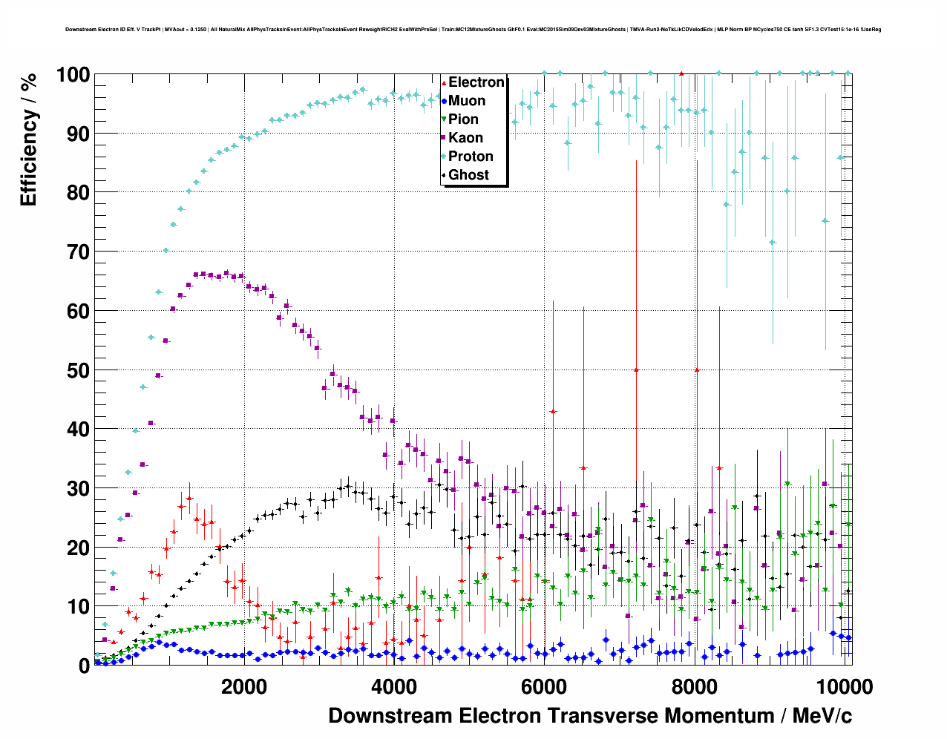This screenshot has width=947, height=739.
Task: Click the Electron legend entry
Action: (476, 82)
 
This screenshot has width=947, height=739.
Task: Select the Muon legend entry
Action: (466, 101)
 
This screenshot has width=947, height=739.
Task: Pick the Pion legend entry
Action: (463, 119)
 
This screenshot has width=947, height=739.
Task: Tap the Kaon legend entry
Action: (465, 138)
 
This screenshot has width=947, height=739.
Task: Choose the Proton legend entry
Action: (471, 157)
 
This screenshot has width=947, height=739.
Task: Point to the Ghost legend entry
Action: (468, 175)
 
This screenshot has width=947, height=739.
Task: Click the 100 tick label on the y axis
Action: (73, 75)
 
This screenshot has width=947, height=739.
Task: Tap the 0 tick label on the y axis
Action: (84, 666)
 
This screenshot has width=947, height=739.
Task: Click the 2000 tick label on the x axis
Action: (243, 686)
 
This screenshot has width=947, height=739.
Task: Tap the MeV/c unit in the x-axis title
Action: (822, 716)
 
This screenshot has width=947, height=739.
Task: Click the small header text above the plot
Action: (473, 30)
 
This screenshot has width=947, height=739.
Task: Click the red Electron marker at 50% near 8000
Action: (696, 370)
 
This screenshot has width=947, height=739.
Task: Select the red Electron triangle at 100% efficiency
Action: (681, 73)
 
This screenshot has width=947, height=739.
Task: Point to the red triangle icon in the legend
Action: (444, 82)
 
